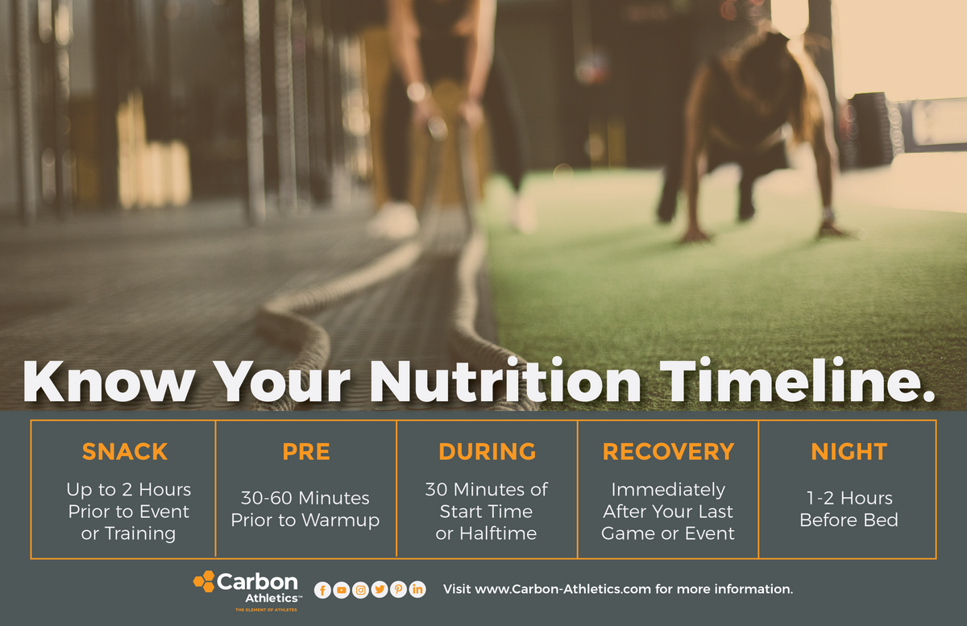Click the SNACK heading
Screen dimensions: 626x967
coord(124,452)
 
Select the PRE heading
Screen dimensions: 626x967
coord(306,452)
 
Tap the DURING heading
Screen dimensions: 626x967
coord(487,452)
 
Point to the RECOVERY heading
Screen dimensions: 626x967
coord(668,452)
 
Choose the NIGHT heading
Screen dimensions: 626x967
coord(849,452)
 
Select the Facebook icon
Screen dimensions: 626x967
coord(322,590)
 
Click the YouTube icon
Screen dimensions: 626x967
coord(342,590)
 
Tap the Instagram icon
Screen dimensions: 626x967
coord(360,590)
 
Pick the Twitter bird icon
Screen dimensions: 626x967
coord(380,590)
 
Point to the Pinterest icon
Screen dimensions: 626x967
coord(398,590)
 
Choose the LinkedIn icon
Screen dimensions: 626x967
coord(417,590)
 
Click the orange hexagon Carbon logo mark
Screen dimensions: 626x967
coord(204,582)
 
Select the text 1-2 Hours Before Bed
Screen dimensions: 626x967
coord(849,508)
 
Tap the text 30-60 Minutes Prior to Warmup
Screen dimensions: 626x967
coord(305,508)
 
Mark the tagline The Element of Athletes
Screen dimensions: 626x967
coord(266,611)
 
